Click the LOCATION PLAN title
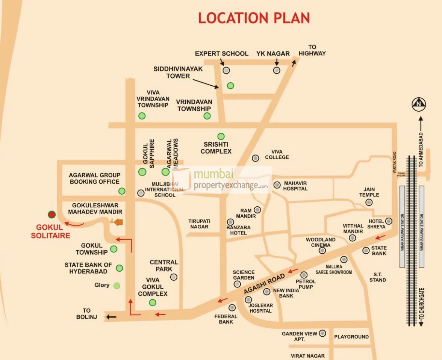point(254,18)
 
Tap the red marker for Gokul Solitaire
point(52,215)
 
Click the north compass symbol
point(419,104)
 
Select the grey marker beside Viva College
point(256,158)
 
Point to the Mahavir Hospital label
point(295,186)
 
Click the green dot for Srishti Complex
point(221,136)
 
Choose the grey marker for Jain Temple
point(369,203)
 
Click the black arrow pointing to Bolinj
point(111,317)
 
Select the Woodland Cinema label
point(320,242)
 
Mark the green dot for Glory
point(117,286)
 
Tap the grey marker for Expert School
point(226,70)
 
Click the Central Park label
point(164,265)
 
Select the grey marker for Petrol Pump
point(304,275)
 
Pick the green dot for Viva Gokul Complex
point(152,303)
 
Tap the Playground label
point(351,337)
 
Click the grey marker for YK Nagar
point(277,70)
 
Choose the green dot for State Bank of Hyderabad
point(120,268)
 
